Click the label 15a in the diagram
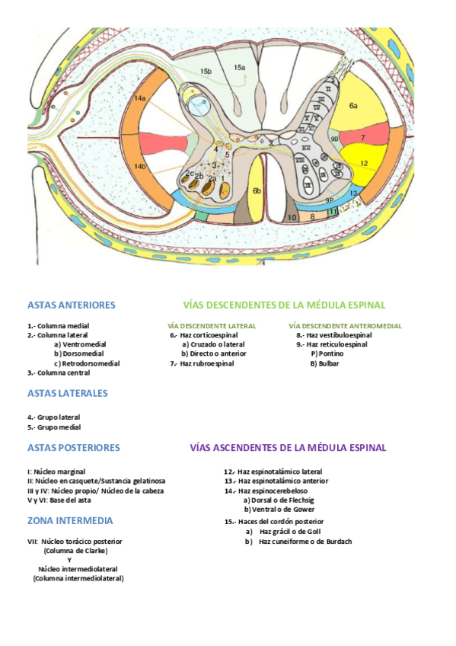tap(240, 68)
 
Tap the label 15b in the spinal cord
tap(206, 72)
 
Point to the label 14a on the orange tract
tap(140, 99)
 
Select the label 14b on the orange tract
tap(140, 166)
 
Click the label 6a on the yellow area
tap(353, 107)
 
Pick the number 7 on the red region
tap(363, 138)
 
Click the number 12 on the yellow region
tap(364, 163)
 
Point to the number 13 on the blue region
tap(353, 193)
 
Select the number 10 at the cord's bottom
tap(293, 217)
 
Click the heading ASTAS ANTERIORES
tap(71, 305)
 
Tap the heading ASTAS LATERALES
tap(67, 393)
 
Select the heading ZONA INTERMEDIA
tap(70, 520)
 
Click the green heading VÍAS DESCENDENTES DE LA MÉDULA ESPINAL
tap(284, 305)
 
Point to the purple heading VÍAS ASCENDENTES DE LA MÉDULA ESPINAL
tap(288, 447)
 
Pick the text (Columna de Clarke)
tap(75, 550)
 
